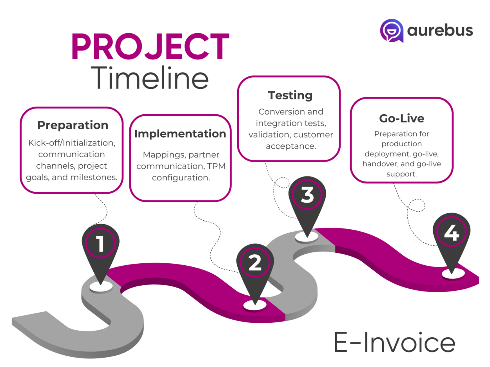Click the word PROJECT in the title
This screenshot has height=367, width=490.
pos(150,47)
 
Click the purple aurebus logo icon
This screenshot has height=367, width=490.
pos(392,31)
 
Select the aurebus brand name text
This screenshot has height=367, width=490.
pos(440,30)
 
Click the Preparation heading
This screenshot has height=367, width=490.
pos(73,125)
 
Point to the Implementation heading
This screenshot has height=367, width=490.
pos(180,134)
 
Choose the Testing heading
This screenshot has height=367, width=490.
pos(290,95)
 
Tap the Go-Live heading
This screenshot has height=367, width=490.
pos(401,118)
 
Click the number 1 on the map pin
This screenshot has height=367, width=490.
pos(100,243)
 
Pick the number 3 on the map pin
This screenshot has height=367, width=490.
pos(307,195)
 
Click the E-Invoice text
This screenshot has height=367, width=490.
pos(394,343)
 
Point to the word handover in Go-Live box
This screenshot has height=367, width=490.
pos(378,164)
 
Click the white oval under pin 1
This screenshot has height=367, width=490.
pos(101,286)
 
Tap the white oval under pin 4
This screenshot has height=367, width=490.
pos(453,274)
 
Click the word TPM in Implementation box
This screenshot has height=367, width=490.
pos(215,166)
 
